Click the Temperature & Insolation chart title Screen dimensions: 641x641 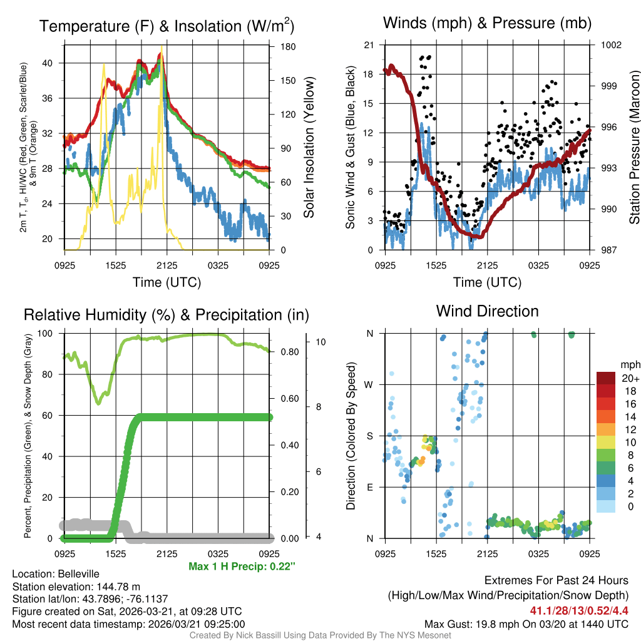click(167, 26)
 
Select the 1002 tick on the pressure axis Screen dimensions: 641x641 click(610, 45)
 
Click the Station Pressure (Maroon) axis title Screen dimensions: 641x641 click(633, 147)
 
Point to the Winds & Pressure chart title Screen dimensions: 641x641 click(487, 23)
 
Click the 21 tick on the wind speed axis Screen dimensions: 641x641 click(369, 45)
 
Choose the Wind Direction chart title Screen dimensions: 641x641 click(487, 311)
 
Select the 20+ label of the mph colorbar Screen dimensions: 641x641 click(629, 379)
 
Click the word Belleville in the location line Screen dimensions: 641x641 click(76, 574)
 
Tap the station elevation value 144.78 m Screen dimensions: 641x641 click(112, 587)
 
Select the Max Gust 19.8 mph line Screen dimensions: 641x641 click(526, 623)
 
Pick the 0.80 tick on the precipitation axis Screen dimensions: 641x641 click(288, 352)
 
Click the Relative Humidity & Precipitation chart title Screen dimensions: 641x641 click(167, 314)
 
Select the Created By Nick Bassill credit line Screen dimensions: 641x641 click(320, 635)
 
